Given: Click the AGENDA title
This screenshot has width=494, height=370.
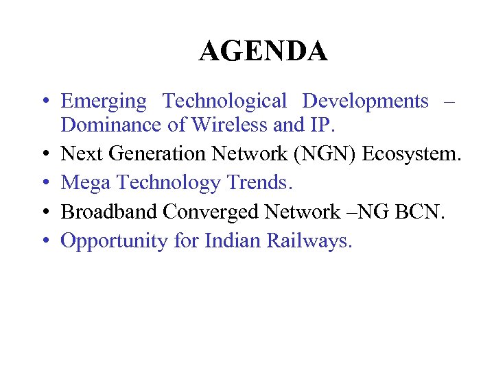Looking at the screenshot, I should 263,51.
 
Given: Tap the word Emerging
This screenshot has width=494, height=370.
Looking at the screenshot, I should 104,102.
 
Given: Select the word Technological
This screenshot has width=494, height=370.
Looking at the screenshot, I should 224,101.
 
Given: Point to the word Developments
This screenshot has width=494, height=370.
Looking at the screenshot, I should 365,101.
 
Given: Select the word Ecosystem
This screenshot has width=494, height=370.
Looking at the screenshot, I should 411,154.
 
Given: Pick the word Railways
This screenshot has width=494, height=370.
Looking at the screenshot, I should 309,241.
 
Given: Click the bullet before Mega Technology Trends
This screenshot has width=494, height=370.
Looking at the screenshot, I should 43,184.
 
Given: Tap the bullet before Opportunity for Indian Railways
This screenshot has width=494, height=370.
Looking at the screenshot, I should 43,241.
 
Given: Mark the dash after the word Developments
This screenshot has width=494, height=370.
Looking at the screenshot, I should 449,102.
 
